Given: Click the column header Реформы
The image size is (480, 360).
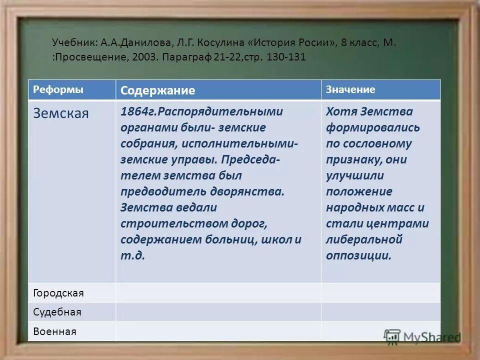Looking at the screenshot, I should [x=58, y=89].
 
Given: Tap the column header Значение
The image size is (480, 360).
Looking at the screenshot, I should [x=350, y=89].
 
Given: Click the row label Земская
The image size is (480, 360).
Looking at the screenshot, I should [x=60, y=113].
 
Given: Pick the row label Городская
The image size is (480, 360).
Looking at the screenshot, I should [x=58, y=293].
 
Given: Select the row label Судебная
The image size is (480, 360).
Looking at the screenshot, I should [x=57, y=312].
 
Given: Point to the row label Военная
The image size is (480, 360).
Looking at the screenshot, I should [x=54, y=331].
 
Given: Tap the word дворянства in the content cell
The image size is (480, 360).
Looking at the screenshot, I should [x=254, y=191].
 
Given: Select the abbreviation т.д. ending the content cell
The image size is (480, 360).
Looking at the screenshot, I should [x=132, y=255].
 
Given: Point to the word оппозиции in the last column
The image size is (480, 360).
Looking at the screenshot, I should [x=358, y=255].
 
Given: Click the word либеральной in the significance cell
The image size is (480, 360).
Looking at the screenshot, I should [x=364, y=239].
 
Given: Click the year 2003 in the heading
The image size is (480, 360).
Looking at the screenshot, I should [x=143, y=57].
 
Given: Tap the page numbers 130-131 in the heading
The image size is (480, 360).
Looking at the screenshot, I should [x=286, y=57].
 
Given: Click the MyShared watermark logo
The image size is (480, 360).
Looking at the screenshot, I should [x=422, y=337].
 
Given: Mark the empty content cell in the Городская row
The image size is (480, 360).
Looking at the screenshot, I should [x=218, y=293].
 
